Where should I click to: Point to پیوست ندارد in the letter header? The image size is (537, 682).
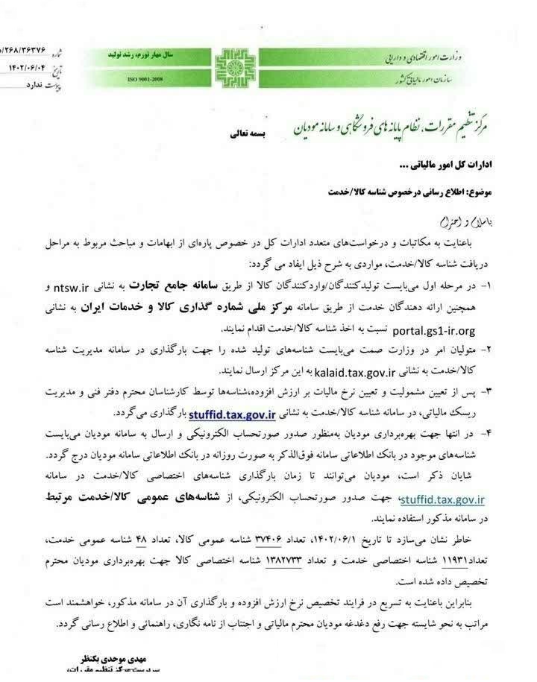pos(25,86)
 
